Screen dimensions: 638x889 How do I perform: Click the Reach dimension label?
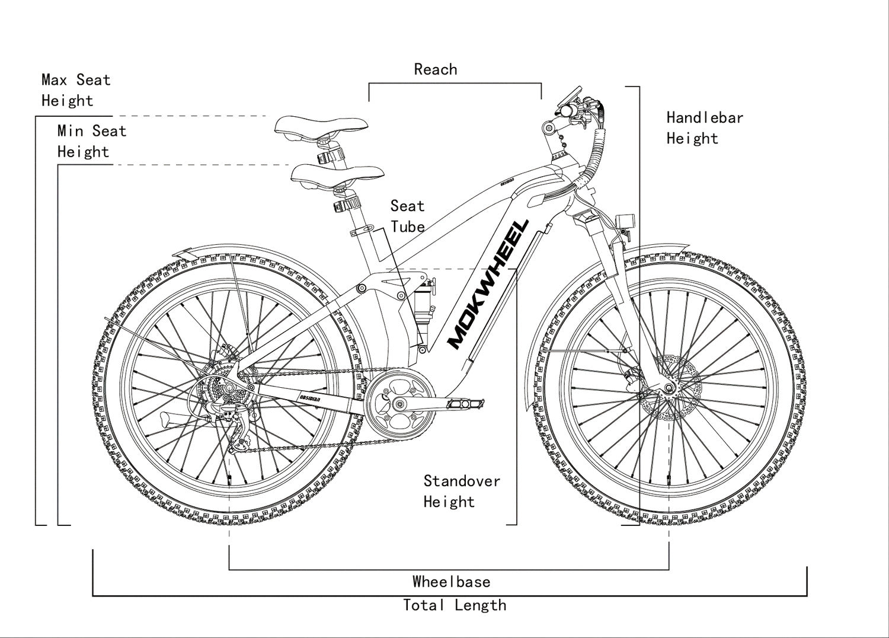[x=436, y=69]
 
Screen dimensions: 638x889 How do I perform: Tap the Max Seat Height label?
[x=75, y=90]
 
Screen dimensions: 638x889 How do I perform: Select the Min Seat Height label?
[x=91, y=141]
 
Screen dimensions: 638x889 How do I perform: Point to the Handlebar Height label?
[x=704, y=128]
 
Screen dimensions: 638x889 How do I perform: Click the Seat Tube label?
[x=407, y=216]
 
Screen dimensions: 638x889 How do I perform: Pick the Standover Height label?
[x=461, y=492]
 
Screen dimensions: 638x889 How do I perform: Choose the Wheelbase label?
[x=452, y=582]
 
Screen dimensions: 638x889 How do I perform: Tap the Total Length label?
[x=455, y=605]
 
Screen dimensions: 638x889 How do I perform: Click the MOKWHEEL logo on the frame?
[x=487, y=284]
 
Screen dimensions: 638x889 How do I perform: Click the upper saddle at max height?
[x=321, y=126]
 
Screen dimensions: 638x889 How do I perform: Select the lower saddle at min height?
[x=337, y=175]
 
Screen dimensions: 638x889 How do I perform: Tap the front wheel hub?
[x=669, y=389]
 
